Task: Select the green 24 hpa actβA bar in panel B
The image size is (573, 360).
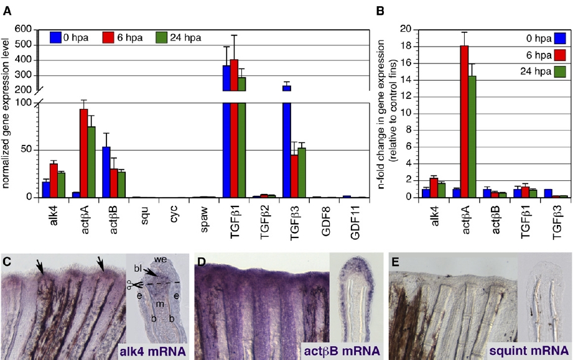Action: pos(472,137)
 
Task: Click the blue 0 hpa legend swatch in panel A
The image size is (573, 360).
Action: pos(57,37)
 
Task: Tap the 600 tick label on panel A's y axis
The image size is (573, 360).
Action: pos(22,29)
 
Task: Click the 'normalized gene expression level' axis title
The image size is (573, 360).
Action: pos(7,112)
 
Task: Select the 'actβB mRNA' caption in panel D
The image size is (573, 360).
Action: pos(343,351)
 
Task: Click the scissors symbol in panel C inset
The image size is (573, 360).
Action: pos(129,284)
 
